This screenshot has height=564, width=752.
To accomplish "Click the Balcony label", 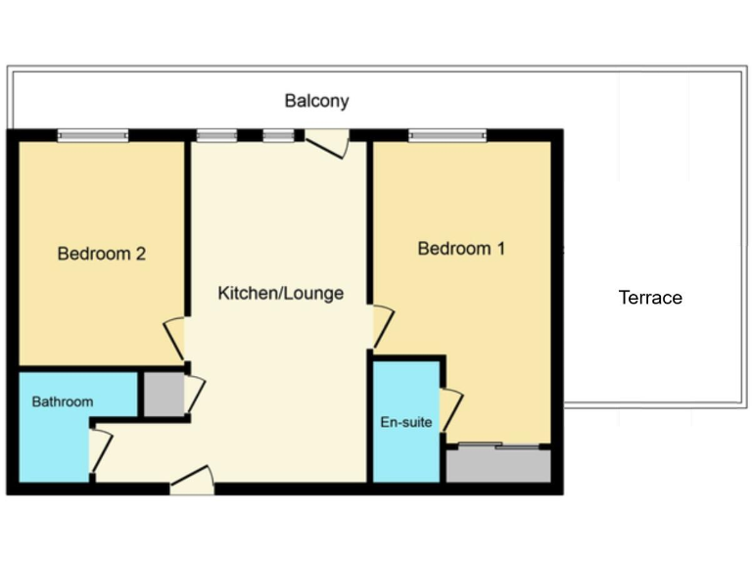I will [x=316, y=101].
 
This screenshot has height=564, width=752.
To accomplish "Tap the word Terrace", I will [x=650, y=298].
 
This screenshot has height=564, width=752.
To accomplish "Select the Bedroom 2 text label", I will [x=102, y=254].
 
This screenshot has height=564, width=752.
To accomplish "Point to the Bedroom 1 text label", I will [x=461, y=249].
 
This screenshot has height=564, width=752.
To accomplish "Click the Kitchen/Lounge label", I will [x=280, y=293].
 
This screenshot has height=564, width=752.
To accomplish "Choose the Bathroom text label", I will [x=63, y=401].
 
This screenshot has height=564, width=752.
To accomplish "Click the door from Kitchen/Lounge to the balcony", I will [x=327, y=143].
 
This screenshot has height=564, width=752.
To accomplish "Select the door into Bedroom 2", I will [x=176, y=338].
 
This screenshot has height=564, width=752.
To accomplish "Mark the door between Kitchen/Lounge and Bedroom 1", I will [x=381, y=327].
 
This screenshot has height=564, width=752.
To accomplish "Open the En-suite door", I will [x=450, y=409].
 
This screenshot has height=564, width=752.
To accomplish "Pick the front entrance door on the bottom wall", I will [x=192, y=481].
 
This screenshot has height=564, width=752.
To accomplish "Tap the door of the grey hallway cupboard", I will [x=194, y=394].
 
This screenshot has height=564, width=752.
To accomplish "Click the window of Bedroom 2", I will [x=93, y=136].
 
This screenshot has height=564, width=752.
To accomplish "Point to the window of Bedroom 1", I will [x=447, y=136].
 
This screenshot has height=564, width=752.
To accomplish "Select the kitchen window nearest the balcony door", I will [x=279, y=136].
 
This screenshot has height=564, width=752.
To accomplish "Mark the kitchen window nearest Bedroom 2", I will [x=216, y=136].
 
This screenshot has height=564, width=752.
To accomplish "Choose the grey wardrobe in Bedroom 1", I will [x=498, y=465].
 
